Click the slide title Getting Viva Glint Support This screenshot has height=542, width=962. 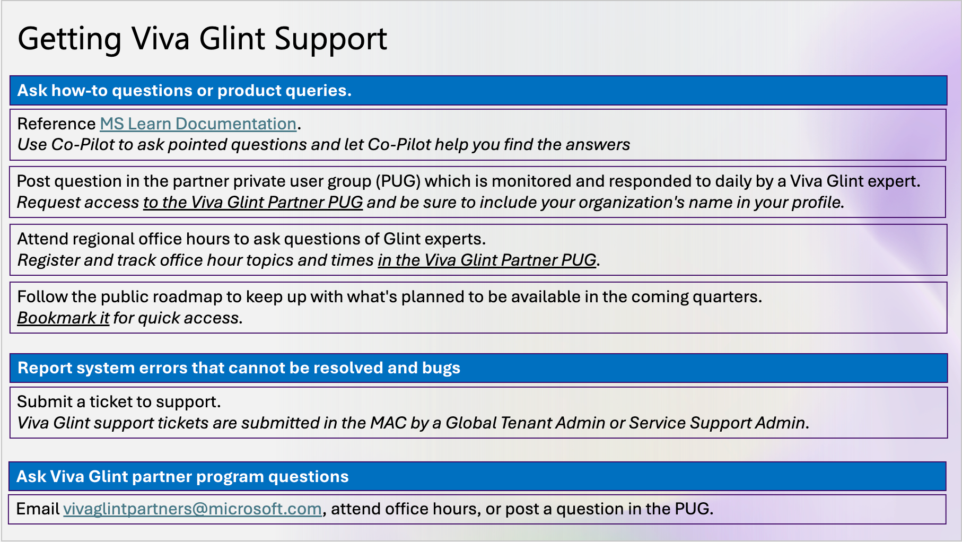pos(202,39)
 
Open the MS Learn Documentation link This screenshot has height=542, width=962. pos(198,124)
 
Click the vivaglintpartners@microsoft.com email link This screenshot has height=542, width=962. pos(193,509)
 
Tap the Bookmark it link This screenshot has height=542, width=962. pos(63,318)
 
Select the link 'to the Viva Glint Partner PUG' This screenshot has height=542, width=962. pos(253,202)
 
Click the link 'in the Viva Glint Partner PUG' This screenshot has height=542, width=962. pos(487,260)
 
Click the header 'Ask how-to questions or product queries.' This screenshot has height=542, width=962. pos(184,90)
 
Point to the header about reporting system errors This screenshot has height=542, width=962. pos(239,368)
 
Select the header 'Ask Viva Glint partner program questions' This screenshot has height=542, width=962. pos(182,476)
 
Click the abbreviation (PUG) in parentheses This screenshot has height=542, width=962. pos(398,181)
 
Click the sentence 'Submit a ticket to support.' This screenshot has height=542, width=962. pos(119,401)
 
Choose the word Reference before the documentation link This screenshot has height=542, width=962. pos(56,124)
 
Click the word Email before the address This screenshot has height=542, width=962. pos(38,509)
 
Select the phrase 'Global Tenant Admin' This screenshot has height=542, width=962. pos(525,423)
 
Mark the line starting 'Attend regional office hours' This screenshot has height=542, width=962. pos(251,239)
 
